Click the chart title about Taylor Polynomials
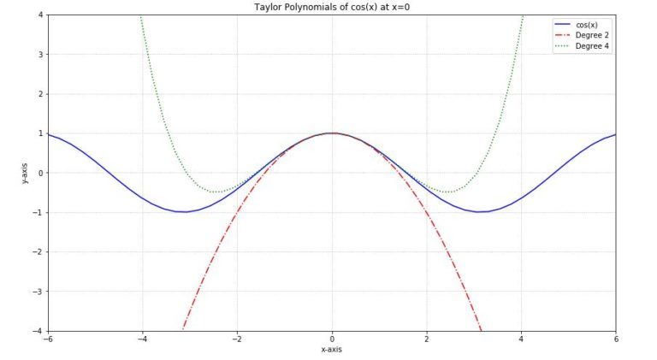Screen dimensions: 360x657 click(x=331, y=7)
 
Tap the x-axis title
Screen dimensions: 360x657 click(x=331, y=349)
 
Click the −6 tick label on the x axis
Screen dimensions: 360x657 click(x=47, y=339)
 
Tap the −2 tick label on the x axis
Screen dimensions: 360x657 click(x=236, y=339)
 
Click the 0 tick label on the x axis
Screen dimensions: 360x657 click(x=332, y=339)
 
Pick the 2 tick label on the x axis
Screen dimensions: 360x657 click(x=426, y=339)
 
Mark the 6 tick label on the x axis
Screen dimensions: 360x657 click(x=615, y=339)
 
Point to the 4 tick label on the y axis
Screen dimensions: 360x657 click(x=41, y=15)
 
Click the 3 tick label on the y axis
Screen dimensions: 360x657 click(x=41, y=55)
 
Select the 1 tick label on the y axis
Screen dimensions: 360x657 click(x=41, y=133)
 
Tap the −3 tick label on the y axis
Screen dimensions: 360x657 click(x=38, y=292)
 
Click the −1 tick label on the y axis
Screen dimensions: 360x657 click(x=38, y=213)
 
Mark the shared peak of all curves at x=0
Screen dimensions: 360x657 click(x=332, y=133)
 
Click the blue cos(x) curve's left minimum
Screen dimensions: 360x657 click(x=183, y=211)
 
